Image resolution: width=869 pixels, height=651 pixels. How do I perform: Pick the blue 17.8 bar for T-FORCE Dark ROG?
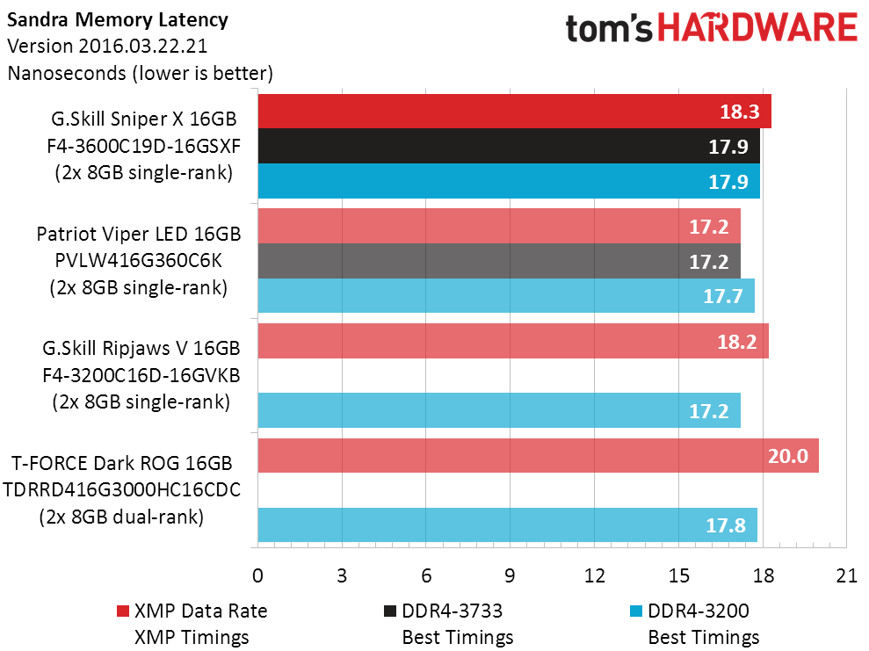(507, 525)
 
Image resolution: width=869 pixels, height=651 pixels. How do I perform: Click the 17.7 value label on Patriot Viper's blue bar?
(721, 296)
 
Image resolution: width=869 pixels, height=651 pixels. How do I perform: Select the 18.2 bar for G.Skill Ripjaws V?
(512, 341)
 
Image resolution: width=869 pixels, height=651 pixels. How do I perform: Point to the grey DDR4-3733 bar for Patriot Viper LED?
(498, 261)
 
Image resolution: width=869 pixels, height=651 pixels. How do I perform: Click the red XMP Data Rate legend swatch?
(122, 611)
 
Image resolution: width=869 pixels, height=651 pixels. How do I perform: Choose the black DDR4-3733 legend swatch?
(390, 611)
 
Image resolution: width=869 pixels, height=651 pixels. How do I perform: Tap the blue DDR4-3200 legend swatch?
(637, 611)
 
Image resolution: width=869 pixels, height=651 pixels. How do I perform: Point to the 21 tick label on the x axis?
(847, 576)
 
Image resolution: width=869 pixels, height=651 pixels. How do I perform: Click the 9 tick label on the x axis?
(510, 576)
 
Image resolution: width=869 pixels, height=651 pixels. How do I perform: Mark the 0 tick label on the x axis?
(257, 576)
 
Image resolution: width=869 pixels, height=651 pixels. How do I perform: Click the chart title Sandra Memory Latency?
(117, 18)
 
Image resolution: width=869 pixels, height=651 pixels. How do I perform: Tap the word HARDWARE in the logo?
(758, 28)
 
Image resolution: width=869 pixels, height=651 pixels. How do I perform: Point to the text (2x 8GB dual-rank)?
(121, 517)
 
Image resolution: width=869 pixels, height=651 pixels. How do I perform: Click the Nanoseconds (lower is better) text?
(141, 73)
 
